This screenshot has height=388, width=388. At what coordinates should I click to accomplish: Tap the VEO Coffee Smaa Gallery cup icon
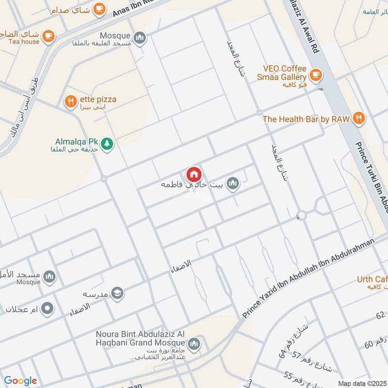[x=316, y=75]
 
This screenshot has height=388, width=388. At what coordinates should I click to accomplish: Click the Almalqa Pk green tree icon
[x=107, y=144]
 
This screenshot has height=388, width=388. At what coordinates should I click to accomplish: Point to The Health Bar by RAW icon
[x=358, y=118]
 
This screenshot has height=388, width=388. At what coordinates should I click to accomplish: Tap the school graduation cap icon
[x=117, y=293]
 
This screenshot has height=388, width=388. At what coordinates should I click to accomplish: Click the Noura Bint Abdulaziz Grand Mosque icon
[x=194, y=344]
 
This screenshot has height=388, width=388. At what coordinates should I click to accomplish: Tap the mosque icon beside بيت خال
[x=233, y=183]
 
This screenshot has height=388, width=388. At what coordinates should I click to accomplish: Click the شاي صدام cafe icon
[x=99, y=8]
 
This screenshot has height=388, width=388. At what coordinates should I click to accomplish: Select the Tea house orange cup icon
[x=48, y=35]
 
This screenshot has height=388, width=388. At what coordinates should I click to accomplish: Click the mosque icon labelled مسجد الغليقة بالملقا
[x=140, y=37]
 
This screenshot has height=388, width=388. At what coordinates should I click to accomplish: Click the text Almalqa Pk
[x=77, y=143]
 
